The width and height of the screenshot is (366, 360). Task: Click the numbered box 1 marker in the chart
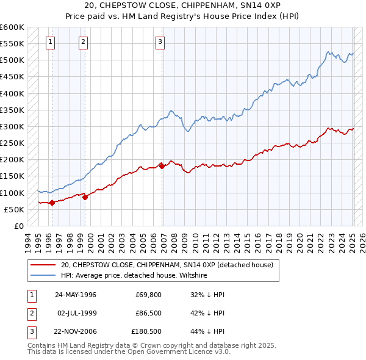coord(50,42)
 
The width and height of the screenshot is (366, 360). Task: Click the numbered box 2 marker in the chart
coord(83,42)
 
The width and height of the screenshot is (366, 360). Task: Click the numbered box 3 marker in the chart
coord(160,42)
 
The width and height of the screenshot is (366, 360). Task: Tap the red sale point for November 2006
coord(162,165)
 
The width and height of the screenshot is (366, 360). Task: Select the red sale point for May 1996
coord(52,203)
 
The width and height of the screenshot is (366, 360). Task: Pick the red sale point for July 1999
coord(85,197)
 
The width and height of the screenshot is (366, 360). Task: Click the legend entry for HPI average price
coord(134,275)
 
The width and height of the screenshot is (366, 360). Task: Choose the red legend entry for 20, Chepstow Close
coord(170,265)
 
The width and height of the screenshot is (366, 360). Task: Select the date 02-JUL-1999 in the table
coord(76,313)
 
